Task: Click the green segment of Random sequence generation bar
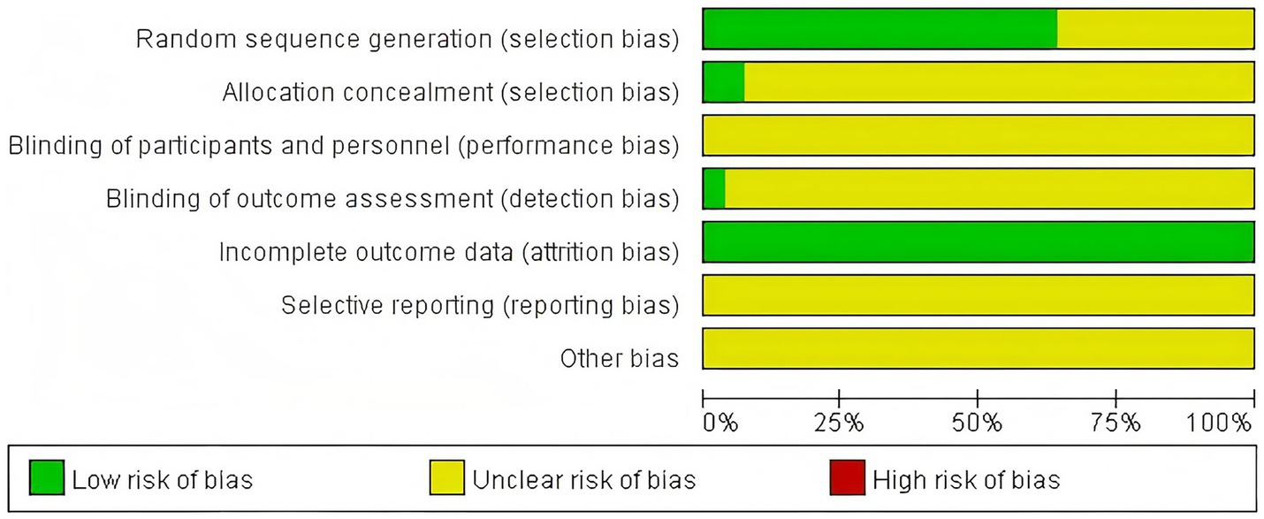point(879,28)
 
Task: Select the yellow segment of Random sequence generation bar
point(1155,28)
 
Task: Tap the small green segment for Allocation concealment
point(723,82)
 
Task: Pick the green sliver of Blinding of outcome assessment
point(714,188)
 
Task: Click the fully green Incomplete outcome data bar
point(978,242)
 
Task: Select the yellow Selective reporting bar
point(978,295)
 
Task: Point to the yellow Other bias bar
point(978,348)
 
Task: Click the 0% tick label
point(720,423)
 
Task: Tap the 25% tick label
point(839,423)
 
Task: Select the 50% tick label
point(978,423)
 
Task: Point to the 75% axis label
point(1116,423)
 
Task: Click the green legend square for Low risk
point(46,478)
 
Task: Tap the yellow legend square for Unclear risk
point(446,478)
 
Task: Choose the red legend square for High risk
point(846,478)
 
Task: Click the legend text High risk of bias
point(966,480)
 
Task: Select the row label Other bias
point(619,359)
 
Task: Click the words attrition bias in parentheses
point(600,253)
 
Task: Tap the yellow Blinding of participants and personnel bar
point(978,135)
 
